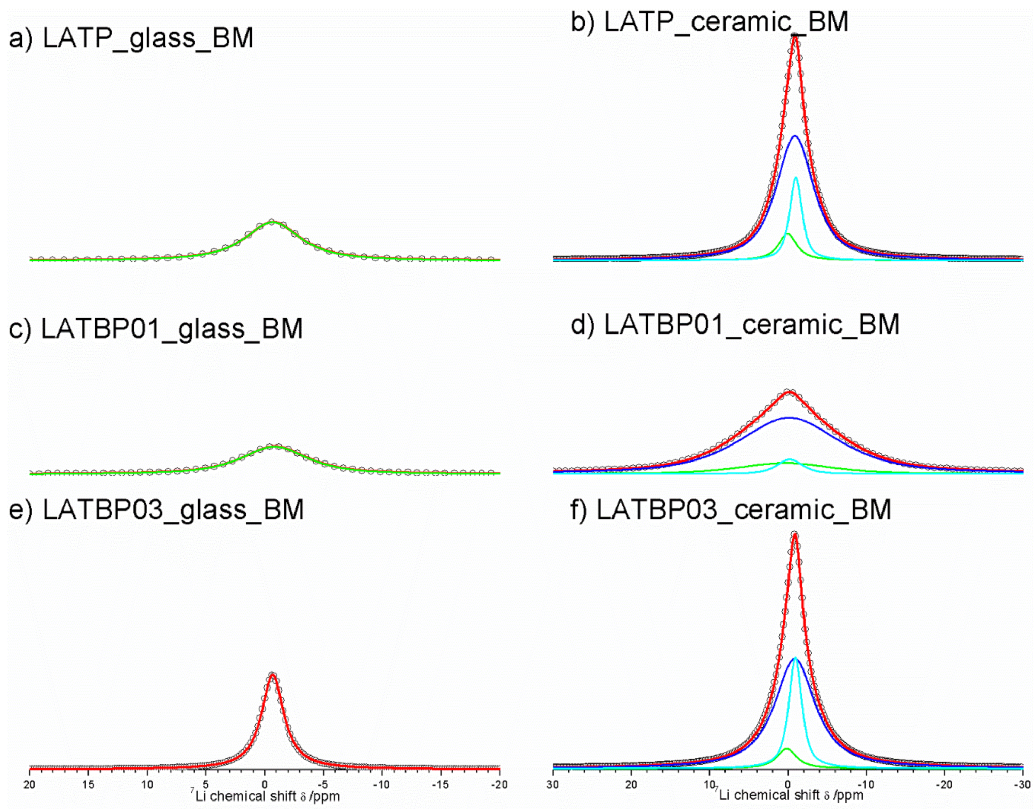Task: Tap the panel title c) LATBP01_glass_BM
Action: pos(156,328)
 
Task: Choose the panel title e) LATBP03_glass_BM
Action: pos(156,509)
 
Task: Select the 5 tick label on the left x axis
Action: pos(206,785)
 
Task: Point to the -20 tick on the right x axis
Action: pos(944,785)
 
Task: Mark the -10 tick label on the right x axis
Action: pos(866,785)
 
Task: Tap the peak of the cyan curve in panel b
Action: pos(796,177)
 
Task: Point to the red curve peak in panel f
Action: pos(795,536)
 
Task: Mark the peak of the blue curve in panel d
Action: pos(789,417)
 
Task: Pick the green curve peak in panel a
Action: pos(272,221)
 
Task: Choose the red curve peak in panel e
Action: pos(272,675)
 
